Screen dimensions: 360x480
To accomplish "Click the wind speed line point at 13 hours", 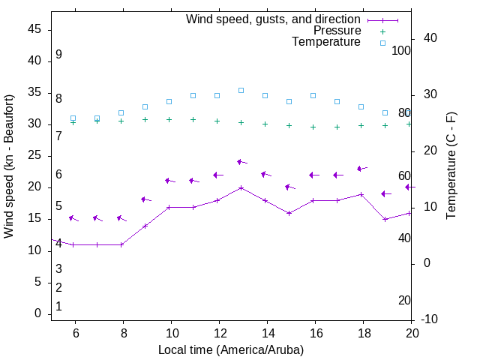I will [241, 187].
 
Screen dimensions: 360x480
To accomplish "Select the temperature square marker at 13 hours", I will [241, 90].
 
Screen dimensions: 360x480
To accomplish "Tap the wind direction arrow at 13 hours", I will [242, 162].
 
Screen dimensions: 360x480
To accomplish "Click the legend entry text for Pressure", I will [337, 31].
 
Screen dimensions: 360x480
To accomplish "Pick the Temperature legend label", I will [326, 42].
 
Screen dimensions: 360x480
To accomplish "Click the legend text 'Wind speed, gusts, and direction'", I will [273, 19].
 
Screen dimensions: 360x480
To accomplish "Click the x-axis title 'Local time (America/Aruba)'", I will [231, 349].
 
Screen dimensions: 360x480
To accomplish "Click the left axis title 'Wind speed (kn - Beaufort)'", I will [9, 166].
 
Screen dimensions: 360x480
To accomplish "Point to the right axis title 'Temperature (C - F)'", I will [451, 166].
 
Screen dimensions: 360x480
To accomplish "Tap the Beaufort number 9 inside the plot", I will [58, 55].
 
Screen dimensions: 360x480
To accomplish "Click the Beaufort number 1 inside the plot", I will [58, 306].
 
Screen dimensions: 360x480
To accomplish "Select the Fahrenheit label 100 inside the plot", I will [401, 50].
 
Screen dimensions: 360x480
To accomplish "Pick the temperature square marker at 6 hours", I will [73, 118].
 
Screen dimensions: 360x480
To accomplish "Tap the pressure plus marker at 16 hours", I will [313, 127].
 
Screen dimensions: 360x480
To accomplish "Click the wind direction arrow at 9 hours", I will [145, 199].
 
